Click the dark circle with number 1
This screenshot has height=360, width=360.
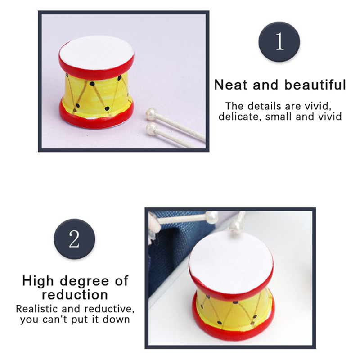[279, 41]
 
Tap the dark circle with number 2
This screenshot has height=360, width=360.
[74, 239]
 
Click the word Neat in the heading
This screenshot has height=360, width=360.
[231, 85]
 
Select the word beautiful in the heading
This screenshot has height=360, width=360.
[315, 85]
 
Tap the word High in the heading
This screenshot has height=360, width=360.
[38, 281]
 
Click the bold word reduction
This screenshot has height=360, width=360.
[75, 295]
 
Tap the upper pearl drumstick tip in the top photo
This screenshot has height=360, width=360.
[151, 114]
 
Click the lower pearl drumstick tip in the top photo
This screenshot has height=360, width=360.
[151, 128]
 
